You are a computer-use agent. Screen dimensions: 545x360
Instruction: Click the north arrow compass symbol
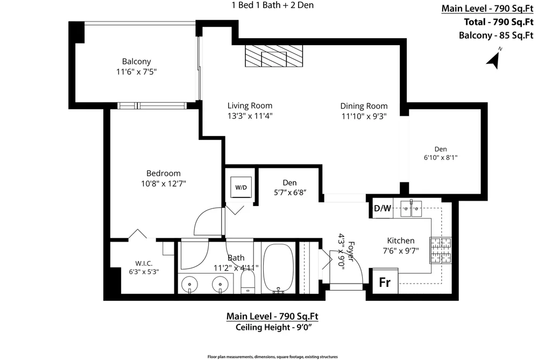(x=494, y=60)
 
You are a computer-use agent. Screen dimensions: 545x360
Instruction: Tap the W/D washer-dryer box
(x=241, y=187)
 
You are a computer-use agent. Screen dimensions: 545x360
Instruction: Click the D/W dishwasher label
(x=383, y=208)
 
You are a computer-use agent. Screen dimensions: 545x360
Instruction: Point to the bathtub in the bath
(x=278, y=268)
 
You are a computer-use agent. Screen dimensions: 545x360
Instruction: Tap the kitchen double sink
(x=410, y=208)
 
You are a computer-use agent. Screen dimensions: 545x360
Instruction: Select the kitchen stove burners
(x=441, y=250)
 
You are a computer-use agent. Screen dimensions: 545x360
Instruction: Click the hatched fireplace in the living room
(x=274, y=56)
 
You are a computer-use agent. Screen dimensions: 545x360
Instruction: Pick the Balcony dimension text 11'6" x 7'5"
(x=136, y=72)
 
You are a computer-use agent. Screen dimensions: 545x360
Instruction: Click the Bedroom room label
(x=164, y=173)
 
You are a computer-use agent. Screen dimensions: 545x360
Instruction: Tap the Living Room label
(x=250, y=105)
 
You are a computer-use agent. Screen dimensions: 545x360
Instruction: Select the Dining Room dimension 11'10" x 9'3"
(x=364, y=116)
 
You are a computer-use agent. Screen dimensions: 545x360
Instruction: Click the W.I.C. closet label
(x=144, y=264)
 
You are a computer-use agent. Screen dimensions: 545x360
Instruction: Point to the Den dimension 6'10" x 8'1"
(x=441, y=158)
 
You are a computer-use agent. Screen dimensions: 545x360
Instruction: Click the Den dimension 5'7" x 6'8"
(x=290, y=192)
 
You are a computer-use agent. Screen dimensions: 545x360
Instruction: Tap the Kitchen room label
(x=401, y=241)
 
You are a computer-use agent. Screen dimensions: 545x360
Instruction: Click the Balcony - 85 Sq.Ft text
(x=496, y=36)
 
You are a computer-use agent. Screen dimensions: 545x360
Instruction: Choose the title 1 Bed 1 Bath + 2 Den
(x=272, y=5)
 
